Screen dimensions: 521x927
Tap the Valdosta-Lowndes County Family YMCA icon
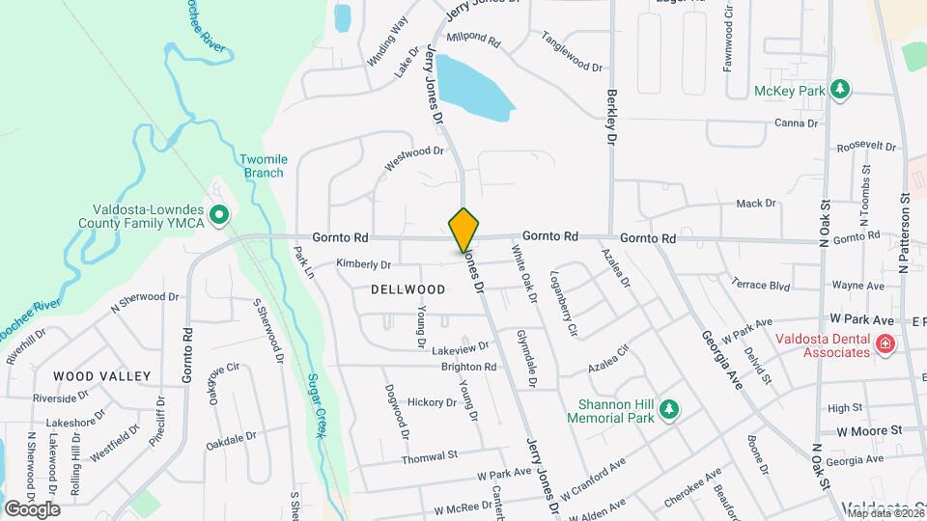click(x=219, y=214)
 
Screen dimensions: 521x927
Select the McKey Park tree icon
click(x=841, y=90)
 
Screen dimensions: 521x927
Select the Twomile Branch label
click(x=262, y=166)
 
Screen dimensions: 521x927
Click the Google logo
click(x=32, y=508)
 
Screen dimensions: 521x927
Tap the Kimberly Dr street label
click(x=363, y=264)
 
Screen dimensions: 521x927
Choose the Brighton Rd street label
click(x=468, y=368)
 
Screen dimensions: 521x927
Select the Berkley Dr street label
click(x=610, y=118)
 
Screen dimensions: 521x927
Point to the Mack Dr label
click(x=756, y=204)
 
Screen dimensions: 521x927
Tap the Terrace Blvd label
click(x=761, y=287)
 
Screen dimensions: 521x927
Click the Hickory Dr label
click(x=431, y=402)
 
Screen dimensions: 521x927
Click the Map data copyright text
click(x=882, y=512)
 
